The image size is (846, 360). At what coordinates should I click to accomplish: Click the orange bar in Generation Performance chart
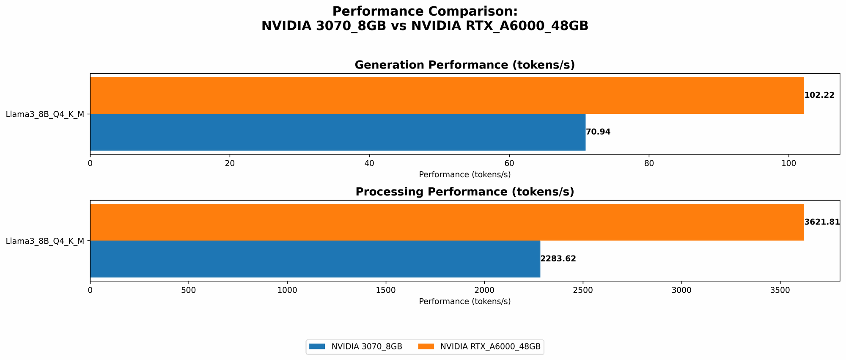447,95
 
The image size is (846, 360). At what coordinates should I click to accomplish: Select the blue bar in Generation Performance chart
338,132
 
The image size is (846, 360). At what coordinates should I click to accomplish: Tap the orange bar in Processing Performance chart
447,222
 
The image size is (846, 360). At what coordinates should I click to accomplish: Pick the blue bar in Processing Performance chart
315,259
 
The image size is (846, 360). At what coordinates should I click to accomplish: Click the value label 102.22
819,95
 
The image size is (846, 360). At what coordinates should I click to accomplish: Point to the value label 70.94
598,132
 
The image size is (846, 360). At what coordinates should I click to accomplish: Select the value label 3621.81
822,222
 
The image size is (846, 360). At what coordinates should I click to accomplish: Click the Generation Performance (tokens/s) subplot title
464,65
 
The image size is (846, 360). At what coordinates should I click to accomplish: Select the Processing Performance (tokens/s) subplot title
464,192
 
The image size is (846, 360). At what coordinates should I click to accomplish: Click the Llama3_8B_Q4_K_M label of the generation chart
45,114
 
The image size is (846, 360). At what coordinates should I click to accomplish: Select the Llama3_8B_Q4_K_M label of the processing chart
45,241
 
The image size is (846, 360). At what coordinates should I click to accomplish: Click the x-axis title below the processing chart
464,302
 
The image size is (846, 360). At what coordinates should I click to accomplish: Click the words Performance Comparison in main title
425,11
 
